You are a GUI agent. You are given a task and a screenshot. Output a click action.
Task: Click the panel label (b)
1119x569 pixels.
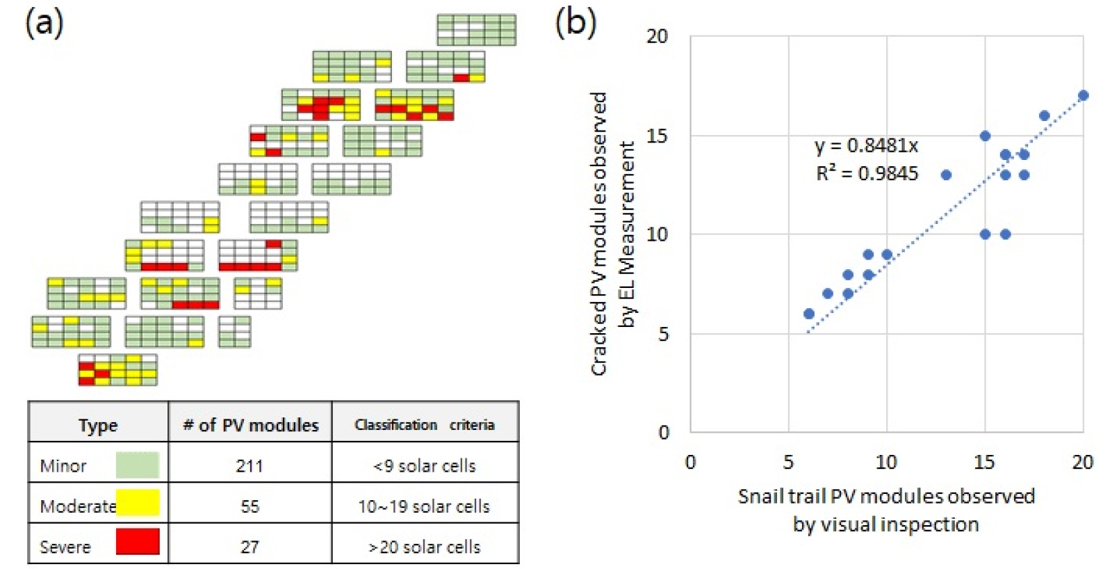[575, 22]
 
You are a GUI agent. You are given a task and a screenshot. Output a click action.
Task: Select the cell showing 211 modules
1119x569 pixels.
[250, 465]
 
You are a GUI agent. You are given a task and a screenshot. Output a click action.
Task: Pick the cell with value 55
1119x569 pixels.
[250, 506]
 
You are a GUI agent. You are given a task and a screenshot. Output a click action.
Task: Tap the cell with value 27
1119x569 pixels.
[250, 546]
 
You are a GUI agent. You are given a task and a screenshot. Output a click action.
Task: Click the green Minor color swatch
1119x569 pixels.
[137, 465]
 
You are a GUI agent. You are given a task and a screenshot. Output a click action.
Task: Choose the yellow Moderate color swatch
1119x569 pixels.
[138, 502]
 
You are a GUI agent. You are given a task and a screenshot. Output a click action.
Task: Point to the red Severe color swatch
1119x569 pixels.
[138, 542]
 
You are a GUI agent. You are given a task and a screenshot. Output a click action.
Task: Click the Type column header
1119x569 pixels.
[98, 425]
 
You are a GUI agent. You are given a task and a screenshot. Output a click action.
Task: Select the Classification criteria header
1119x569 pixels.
[425, 424]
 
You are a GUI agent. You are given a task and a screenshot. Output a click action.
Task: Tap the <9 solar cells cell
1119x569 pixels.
[425, 465]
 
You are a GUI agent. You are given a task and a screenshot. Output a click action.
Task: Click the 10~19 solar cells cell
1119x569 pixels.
[424, 506]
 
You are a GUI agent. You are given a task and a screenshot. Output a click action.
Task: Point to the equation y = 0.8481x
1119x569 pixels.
[866, 145]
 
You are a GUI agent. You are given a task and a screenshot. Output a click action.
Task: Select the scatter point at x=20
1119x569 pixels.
[1083, 95]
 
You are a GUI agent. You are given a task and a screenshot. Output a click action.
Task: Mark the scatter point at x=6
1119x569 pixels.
[808, 314]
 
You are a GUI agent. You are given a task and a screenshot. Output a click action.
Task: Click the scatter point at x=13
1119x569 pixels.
[946, 175]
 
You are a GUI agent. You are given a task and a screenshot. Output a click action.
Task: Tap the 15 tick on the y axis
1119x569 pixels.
[657, 136]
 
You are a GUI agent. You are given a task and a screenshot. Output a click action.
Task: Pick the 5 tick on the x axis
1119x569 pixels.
[788, 462]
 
